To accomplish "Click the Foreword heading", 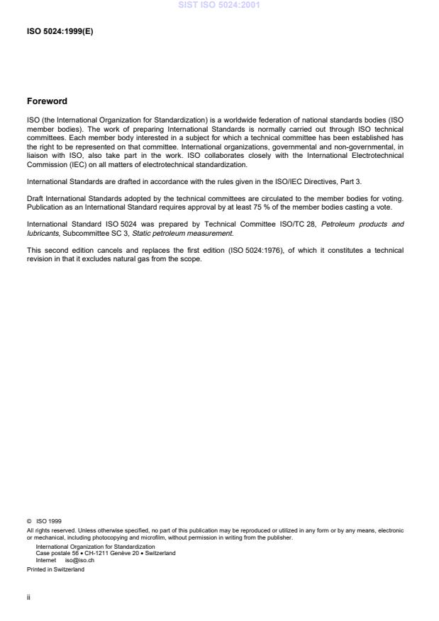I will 47,101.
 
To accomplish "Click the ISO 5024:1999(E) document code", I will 60,32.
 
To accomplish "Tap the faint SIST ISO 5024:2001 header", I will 218,6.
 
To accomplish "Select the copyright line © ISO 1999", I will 44,521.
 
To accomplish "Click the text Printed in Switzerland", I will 55,569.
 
